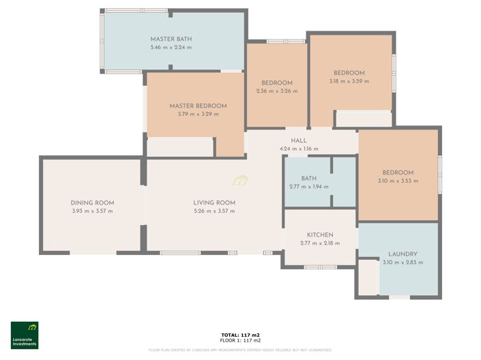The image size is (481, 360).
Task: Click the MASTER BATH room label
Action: pos(171,39)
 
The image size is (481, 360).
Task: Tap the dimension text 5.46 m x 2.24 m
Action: pos(171,48)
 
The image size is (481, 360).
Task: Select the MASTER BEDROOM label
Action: pos(198,106)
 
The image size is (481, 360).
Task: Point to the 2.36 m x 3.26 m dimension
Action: pos(276,91)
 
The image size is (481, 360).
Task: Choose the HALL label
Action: pos(299,140)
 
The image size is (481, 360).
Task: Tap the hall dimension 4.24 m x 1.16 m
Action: pos(299,149)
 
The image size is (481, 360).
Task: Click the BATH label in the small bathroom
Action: pos(308,179)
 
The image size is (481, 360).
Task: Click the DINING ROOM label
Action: pos(92,202)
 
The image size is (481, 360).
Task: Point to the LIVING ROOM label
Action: pos(214,202)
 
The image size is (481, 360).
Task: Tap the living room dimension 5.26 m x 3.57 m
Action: pos(214,211)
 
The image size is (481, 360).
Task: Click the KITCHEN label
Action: pos(319,234)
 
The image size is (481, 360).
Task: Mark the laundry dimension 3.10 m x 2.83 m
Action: pos(400,262)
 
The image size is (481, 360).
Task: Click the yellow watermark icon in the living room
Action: pos(240,181)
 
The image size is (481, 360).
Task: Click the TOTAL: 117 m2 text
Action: pos(240,335)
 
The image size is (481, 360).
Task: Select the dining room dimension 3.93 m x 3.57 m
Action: pos(92,211)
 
